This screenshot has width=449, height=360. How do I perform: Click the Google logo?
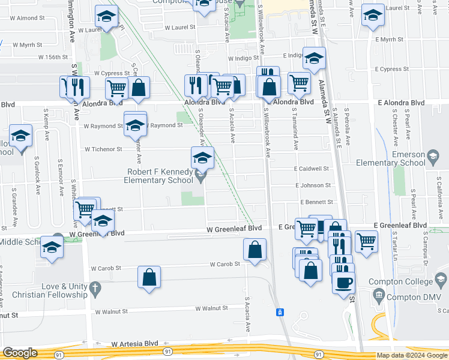20,353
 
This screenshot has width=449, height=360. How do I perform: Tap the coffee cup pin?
343,282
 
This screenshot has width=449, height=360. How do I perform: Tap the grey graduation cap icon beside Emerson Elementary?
432,158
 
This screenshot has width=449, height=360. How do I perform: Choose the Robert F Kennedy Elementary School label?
160,176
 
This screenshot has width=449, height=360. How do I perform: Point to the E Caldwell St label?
312,169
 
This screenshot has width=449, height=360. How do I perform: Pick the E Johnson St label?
313,186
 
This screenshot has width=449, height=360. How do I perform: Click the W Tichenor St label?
103,149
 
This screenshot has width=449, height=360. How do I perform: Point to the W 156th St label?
54,58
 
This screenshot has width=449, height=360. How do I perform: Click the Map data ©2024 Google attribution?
412,355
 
